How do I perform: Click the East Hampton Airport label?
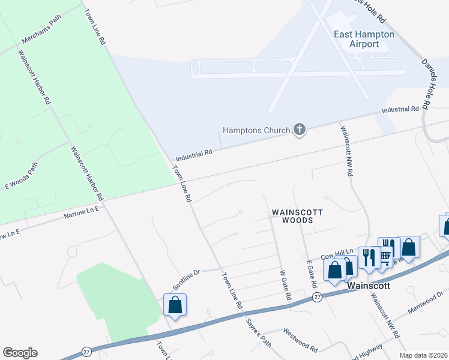364,39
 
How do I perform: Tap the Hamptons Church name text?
256,130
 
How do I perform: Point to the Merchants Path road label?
42,38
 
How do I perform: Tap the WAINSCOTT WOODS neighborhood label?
298,216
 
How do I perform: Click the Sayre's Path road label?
258,331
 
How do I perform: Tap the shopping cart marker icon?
385,256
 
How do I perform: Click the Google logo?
20,353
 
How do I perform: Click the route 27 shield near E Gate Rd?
317,297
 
